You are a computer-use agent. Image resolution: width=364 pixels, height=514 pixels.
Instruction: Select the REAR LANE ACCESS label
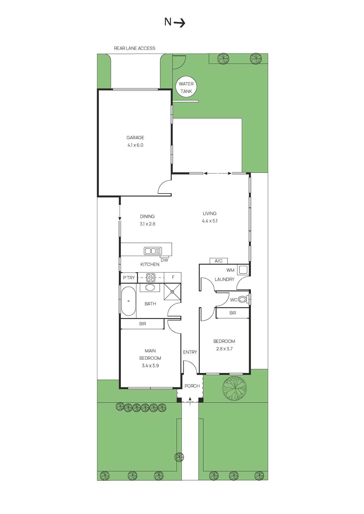(135, 48)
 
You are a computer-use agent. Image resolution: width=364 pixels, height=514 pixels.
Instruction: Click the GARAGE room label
(135, 138)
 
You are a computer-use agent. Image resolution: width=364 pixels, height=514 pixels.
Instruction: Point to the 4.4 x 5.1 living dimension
(210, 221)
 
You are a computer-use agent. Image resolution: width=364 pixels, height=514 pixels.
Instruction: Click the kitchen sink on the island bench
(153, 251)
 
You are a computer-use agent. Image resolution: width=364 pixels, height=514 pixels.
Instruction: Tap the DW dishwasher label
(164, 260)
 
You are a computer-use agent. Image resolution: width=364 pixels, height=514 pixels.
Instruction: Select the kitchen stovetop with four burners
(151, 278)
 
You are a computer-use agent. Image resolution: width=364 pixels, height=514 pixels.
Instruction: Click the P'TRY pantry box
(129, 278)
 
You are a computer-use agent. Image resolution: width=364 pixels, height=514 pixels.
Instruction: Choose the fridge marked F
(173, 277)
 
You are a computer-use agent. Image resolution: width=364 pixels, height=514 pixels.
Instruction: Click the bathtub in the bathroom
(129, 301)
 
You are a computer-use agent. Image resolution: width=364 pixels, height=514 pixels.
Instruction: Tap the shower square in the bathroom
(172, 292)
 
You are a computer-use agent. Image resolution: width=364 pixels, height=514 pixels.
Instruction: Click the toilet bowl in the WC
(243, 299)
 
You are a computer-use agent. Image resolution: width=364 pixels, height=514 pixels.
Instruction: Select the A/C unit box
(218, 261)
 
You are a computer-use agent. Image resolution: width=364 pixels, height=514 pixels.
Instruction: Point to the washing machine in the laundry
(243, 270)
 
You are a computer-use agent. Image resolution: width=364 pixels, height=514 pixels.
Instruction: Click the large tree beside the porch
(235, 388)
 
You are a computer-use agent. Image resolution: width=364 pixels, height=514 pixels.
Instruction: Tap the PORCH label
(192, 386)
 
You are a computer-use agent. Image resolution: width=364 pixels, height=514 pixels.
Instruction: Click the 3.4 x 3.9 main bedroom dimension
(150, 365)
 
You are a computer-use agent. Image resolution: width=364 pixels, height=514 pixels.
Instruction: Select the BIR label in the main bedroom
(143, 324)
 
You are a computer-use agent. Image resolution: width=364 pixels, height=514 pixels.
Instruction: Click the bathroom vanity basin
(150, 288)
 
